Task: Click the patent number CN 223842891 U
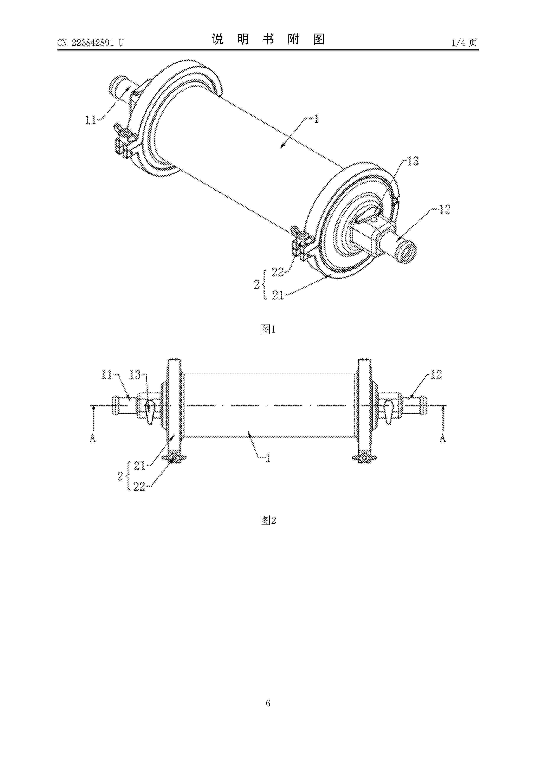point(90,43)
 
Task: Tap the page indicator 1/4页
point(464,42)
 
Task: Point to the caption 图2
point(268,520)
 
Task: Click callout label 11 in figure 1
point(91,120)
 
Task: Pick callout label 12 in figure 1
point(445,209)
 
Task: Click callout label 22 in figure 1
point(278,272)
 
